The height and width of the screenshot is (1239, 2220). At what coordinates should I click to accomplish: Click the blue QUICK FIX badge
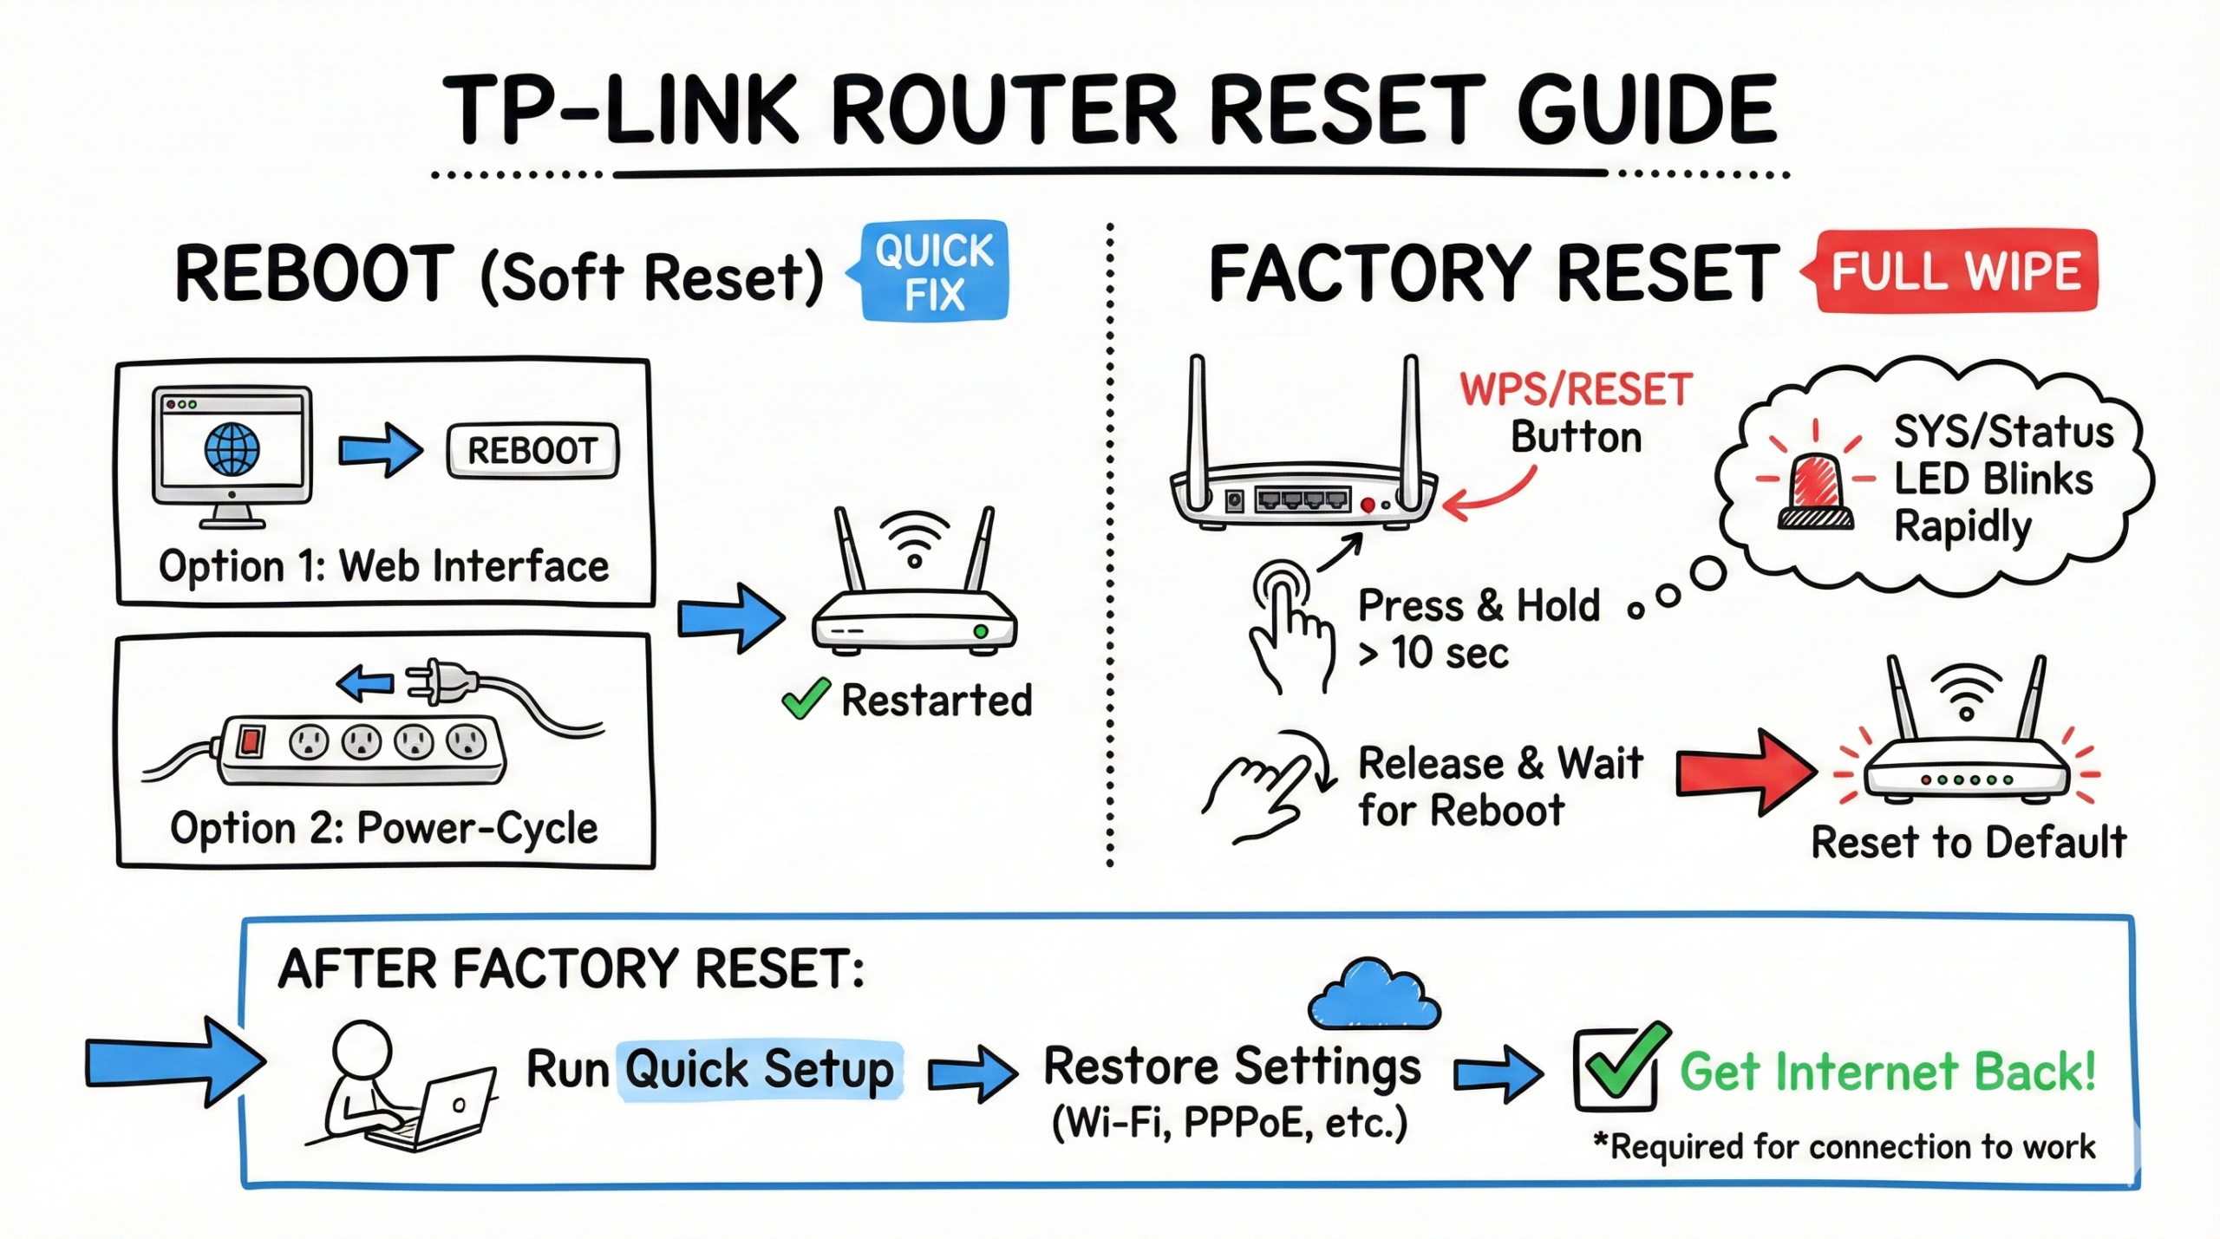(933, 271)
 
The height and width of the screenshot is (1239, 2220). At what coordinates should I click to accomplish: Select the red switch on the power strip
(251, 741)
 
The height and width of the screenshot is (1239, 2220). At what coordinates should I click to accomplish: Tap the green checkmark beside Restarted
(806, 699)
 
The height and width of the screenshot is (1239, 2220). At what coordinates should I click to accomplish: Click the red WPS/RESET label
(1576, 390)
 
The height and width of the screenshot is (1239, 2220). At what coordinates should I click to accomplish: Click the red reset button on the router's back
(1368, 505)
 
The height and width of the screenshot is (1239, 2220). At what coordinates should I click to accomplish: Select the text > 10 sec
(1433, 653)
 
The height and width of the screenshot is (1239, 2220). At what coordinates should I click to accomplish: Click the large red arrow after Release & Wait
(1743, 772)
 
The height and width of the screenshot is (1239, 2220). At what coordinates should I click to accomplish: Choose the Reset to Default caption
(1969, 842)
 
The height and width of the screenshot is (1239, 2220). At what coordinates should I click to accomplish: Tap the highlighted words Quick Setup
(760, 1069)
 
